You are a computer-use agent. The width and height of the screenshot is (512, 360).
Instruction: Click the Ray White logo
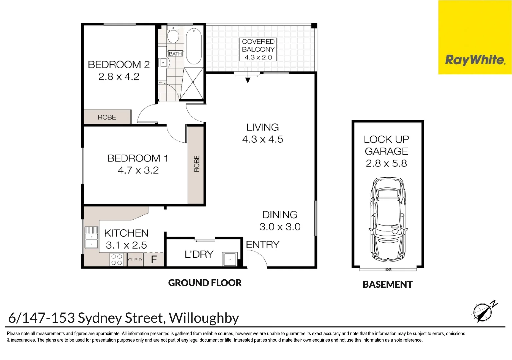coord(475,60)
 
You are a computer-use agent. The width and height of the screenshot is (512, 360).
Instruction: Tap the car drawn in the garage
coord(388,220)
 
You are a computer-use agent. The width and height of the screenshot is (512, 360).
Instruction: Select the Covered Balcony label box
coord(258,49)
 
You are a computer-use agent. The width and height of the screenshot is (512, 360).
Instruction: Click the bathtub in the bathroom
coord(194,46)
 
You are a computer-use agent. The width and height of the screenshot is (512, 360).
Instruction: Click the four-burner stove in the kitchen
coord(116,260)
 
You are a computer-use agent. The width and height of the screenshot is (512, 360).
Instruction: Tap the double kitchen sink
coord(91,237)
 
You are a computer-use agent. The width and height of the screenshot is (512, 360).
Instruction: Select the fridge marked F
coord(154,259)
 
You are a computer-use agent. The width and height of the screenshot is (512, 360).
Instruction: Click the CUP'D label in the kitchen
coord(135,260)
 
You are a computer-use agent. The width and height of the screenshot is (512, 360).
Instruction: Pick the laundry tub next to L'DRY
coord(230,259)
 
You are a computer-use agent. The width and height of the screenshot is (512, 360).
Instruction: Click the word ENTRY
coord(263,245)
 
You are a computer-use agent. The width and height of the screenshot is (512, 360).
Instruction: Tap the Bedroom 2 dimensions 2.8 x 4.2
coord(119,77)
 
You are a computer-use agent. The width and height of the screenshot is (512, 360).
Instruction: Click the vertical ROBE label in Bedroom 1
coord(197,164)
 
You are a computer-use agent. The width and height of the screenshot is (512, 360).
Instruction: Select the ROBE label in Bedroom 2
coord(107,117)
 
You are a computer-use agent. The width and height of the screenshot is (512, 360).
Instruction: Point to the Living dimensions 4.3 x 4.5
coord(263,139)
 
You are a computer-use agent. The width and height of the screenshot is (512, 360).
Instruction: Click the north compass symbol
coord(483,311)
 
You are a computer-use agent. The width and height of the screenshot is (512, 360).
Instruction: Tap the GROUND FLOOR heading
coord(205,283)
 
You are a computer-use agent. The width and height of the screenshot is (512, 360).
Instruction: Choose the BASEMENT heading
coord(387,285)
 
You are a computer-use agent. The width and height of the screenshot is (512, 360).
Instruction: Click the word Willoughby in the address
coord(204,318)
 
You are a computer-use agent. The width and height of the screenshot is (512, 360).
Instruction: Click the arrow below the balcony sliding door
coord(248,80)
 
